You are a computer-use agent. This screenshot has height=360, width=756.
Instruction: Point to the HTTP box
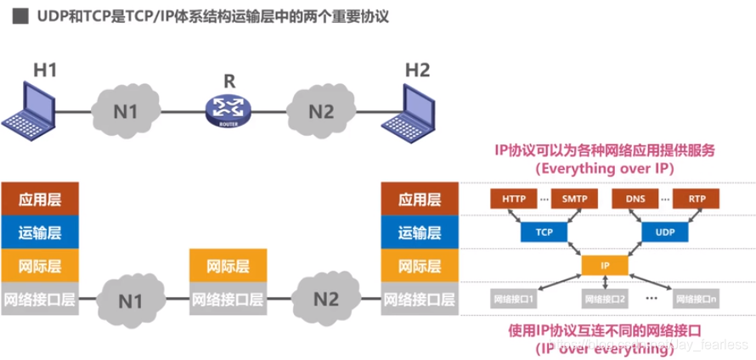point(513,200)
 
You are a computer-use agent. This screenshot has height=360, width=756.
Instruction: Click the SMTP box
point(576,200)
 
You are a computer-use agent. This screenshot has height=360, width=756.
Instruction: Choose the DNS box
point(635,200)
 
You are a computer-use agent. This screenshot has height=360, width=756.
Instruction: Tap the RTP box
point(697,200)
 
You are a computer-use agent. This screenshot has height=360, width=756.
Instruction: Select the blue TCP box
point(544,231)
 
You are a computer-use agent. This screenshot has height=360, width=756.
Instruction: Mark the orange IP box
point(605,265)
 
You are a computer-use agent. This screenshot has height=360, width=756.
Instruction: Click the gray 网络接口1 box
point(515,299)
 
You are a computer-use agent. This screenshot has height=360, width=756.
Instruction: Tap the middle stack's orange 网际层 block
point(228,266)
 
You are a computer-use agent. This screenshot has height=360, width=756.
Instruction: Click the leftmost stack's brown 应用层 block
point(40,200)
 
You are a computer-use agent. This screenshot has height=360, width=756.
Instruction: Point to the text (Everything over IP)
point(604,168)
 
